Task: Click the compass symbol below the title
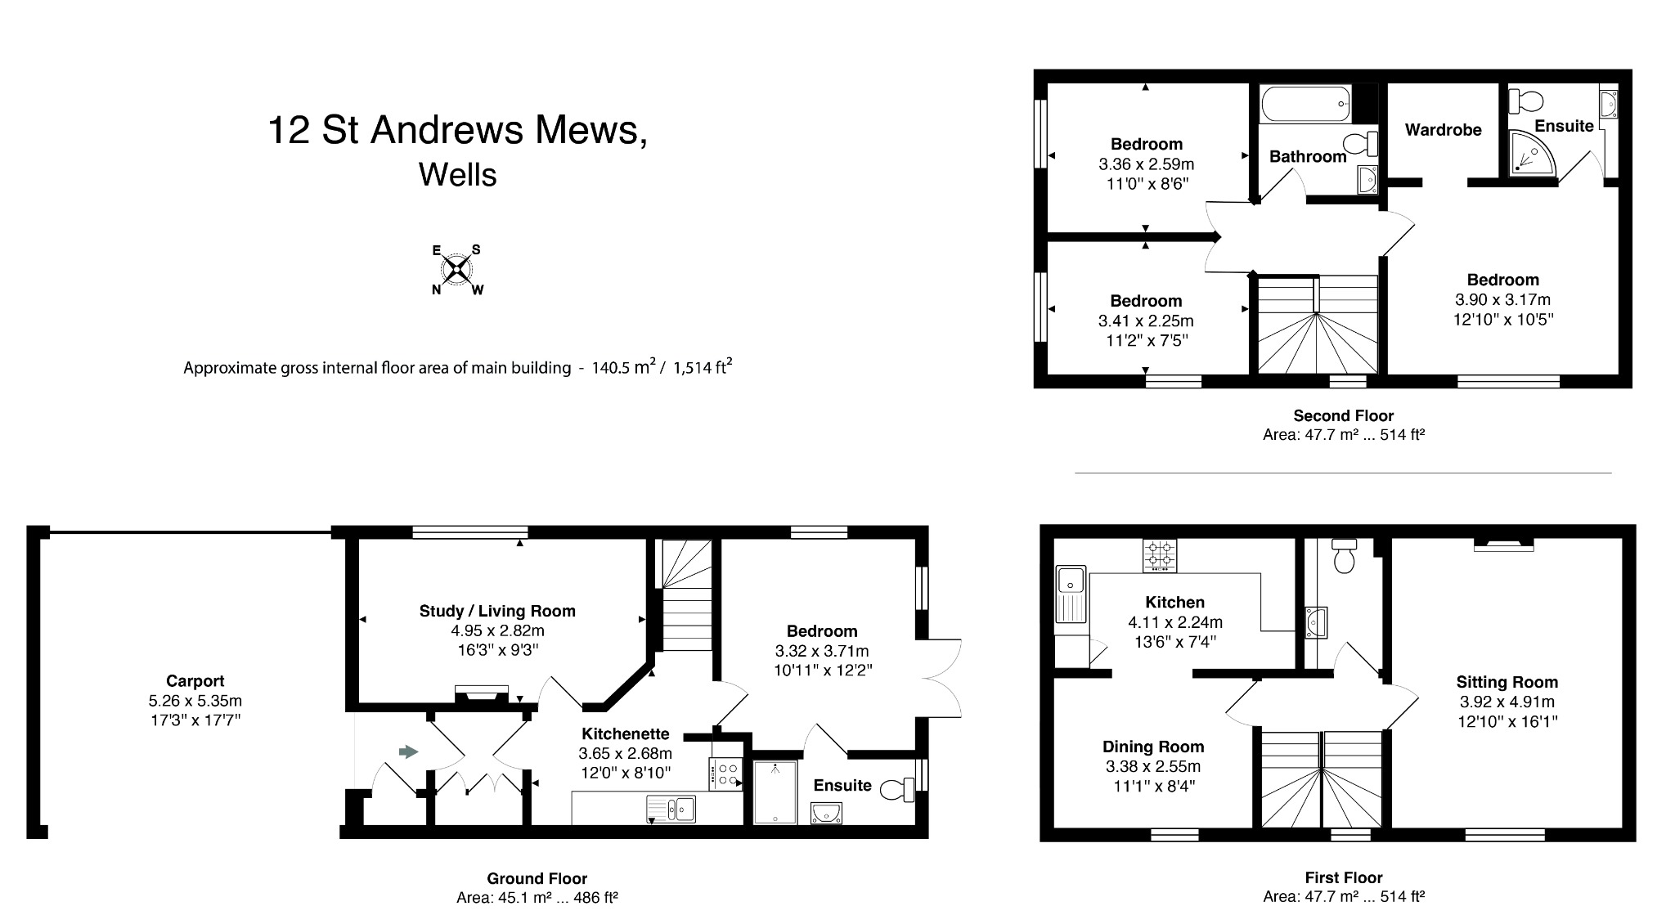click(x=457, y=269)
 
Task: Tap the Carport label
click(x=195, y=681)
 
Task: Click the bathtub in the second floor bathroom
click(x=1305, y=105)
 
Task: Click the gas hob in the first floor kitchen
click(x=1160, y=555)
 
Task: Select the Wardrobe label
click(x=1443, y=129)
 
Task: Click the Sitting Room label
click(x=1507, y=682)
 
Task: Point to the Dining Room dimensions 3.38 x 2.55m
click(x=1152, y=767)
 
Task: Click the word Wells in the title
click(x=457, y=175)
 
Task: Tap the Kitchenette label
click(x=625, y=733)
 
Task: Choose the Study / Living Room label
click(x=497, y=611)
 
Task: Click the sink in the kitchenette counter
click(x=671, y=809)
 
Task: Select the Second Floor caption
click(x=1343, y=415)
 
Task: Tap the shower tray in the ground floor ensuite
click(x=775, y=792)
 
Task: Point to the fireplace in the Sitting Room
click(x=1503, y=545)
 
